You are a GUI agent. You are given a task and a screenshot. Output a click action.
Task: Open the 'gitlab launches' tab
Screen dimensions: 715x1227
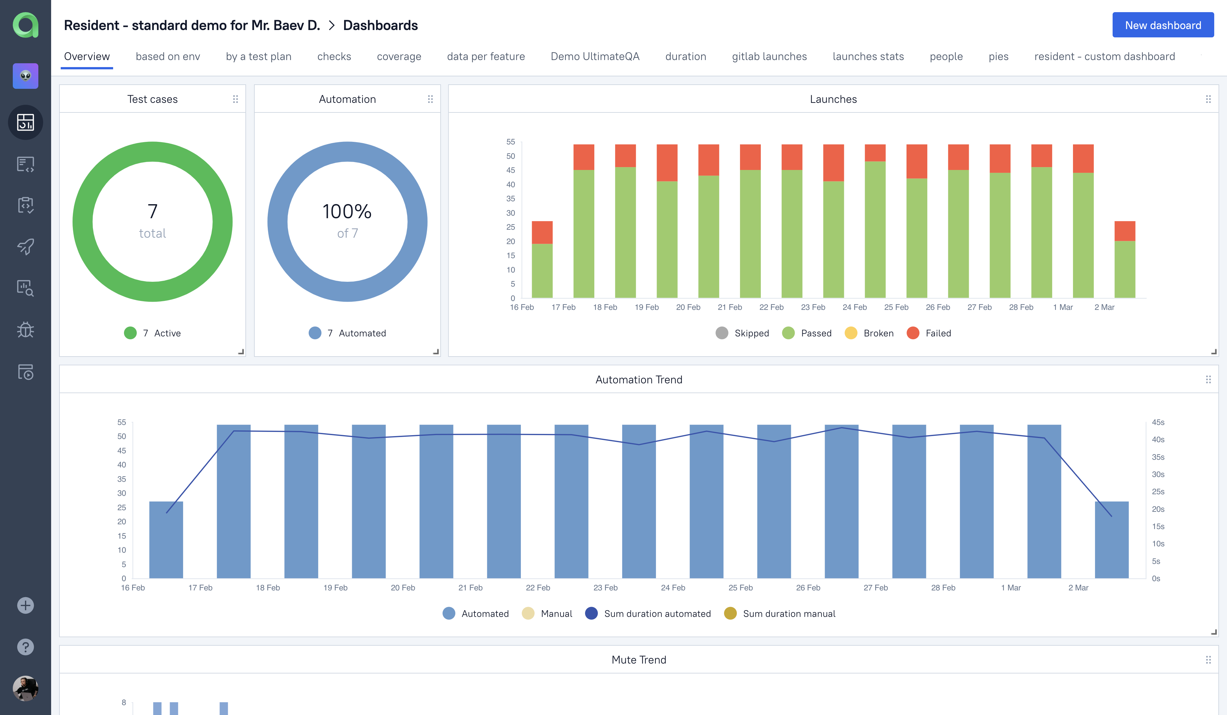(769, 57)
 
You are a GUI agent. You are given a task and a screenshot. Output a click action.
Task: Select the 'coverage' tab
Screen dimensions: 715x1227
(399, 57)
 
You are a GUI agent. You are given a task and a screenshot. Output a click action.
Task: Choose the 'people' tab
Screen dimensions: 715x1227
(945, 57)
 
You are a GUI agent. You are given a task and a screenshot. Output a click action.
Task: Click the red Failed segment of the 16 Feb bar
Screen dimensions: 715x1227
(542, 232)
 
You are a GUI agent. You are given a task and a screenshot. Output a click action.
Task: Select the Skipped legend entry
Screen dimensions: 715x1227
(743, 333)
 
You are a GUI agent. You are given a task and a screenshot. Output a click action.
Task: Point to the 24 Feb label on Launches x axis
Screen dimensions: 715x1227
(854, 307)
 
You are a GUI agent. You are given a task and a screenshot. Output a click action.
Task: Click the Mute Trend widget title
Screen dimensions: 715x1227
(638, 659)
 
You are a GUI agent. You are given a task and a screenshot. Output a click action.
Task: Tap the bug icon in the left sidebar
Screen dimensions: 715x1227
(25, 329)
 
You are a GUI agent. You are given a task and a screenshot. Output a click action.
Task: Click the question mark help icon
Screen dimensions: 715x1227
(25, 647)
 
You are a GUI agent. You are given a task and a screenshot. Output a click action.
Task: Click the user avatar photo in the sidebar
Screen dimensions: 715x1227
(25, 688)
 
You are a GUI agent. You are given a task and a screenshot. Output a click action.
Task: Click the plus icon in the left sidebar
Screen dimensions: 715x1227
(25, 605)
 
